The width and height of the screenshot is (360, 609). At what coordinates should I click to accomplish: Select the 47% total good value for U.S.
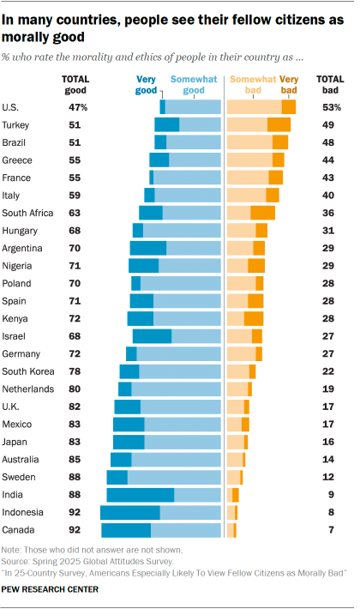(x=79, y=107)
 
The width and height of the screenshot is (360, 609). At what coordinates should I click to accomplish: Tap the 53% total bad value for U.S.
(x=331, y=107)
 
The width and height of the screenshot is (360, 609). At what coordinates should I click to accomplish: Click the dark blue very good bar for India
(x=140, y=495)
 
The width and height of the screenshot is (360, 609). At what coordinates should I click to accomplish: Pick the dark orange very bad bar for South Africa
(x=262, y=213)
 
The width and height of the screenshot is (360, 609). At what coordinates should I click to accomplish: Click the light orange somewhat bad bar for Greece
(x=249, y=160)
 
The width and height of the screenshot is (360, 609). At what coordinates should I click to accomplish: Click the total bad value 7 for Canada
(x=332, y=530)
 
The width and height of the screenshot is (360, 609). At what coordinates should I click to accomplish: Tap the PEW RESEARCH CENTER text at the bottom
(x=50, y=589)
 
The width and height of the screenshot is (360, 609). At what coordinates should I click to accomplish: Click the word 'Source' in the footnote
(x=15, y=558)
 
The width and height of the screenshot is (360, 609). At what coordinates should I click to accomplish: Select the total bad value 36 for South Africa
(x=332, y=213)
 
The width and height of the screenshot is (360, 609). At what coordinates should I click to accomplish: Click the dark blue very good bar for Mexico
(x=129, y=424)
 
